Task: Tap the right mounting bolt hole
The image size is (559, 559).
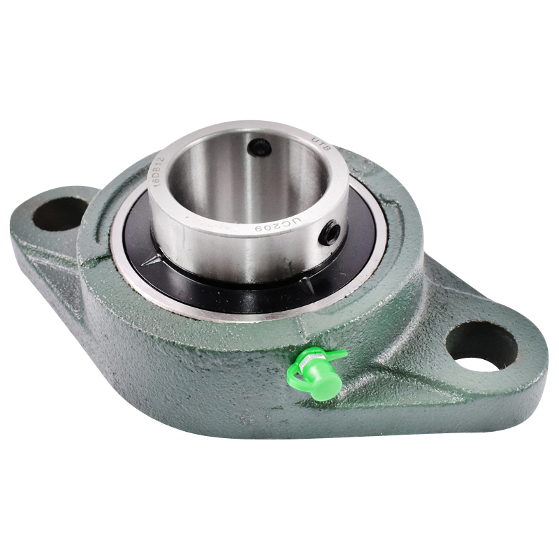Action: click(481, 347)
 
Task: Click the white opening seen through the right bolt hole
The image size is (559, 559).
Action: click(479, 363)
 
